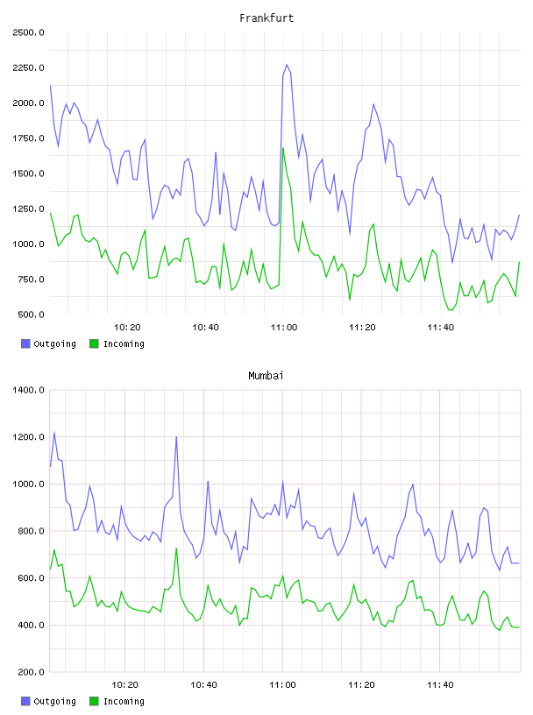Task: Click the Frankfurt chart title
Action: [x=266, y=18]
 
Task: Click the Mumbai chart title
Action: [x=266, y=376]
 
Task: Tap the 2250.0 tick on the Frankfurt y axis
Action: [x=29, y=68]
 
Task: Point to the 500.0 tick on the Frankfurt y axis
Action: [x=31, y=315]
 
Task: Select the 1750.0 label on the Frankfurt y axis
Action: [x=29, y=138]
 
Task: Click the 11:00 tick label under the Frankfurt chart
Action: [x=284, y=328]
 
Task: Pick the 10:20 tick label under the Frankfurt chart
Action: [x=127, y=328]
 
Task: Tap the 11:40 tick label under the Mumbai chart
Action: [x=440, y=685]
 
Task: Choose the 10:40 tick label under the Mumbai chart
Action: [x=203, y=685]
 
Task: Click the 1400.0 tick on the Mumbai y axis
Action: [x=29, y=390]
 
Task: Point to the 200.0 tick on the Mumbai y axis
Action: [x=31, y=672]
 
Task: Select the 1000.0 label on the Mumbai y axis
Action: [x=29, y=485]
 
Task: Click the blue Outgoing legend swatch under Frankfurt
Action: [x=25, y=343]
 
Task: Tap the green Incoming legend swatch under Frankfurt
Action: [x=94, y=343]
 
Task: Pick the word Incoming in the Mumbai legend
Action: [x=124, y=701]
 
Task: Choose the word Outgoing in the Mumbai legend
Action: [x=54, y=701]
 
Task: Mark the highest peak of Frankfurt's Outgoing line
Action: [x=287, y=65]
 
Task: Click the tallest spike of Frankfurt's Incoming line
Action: [x=283, y=148]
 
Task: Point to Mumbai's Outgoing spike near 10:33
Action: [x=176, y=437]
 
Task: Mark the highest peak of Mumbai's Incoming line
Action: [x=176, y=549]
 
